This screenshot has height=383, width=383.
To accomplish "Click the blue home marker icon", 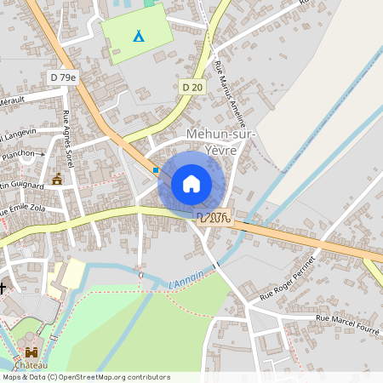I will click(x=191, y=183).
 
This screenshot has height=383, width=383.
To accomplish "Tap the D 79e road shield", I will click(x=63, y=77).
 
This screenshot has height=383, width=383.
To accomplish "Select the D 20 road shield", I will click(x=192, y=86).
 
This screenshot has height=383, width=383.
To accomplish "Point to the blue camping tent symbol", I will click(x=138, y=36).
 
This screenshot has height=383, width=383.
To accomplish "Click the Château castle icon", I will click(x=32, y=352).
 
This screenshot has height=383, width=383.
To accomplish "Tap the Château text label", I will click(x=31, y=365).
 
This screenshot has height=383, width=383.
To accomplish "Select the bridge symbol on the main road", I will click(x=214, y=218).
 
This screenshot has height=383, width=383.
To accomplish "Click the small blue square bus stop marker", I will click(x=156, y=170).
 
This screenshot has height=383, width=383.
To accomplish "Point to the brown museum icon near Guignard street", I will click(x=57, y=179).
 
